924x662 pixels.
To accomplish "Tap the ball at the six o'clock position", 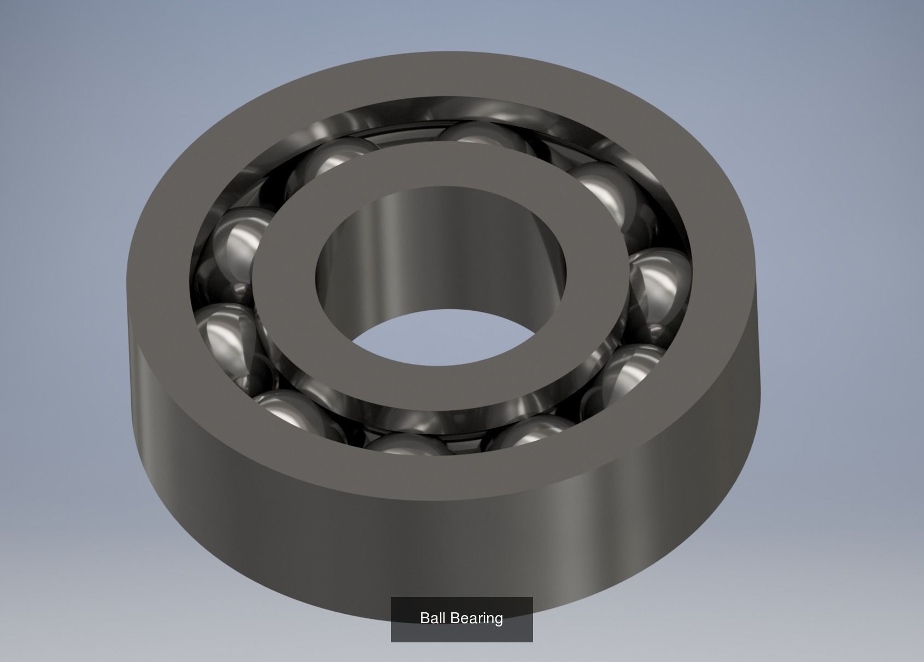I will tap(407, 444).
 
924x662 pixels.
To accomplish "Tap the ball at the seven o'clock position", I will tap(295, 415).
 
